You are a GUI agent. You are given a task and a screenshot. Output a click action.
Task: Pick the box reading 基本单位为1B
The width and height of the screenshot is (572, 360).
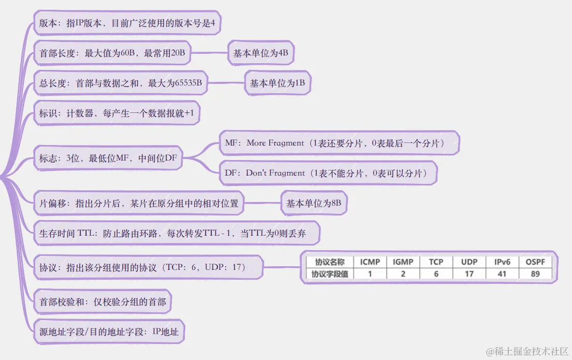[277, 83]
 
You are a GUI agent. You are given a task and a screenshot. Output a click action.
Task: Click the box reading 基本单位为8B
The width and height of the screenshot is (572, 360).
[314, 204]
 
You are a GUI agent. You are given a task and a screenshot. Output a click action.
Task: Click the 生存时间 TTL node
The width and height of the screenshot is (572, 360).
[176, 233]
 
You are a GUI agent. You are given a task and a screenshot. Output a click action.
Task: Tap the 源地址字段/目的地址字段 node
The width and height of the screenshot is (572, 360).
[109, 332]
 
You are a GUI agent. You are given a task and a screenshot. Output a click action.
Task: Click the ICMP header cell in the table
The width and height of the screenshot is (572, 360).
[370, 262]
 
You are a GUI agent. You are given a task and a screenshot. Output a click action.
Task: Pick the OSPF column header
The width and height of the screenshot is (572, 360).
[535, 262]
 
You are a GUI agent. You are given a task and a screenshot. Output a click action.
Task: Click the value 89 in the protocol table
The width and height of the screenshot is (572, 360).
[535, 273]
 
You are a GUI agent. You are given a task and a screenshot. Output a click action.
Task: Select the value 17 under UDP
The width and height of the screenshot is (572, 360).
[469, 273]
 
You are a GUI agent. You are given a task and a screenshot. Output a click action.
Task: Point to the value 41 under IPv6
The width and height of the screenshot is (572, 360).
[502, 273]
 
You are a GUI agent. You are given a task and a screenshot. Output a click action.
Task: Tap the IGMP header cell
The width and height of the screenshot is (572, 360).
[403, 262]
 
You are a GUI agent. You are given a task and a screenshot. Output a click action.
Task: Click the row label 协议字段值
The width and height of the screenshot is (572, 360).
[329, 273]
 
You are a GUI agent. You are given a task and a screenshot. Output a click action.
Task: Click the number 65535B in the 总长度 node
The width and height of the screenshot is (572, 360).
[188, 83]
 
